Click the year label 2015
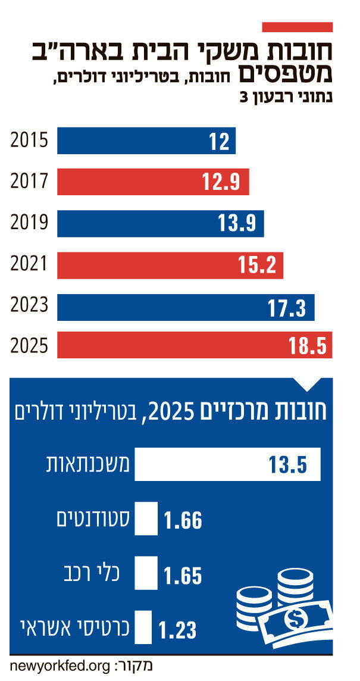tap(29, 142)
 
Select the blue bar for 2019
tap(160, 224)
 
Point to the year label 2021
tap(29, 265)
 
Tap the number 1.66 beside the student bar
tap(183, 521)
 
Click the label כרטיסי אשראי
tap(71, 628)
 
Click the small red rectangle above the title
tap(297, 27)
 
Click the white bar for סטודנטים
tap(146, 520)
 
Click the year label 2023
tap(29, 306)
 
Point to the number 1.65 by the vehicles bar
tap(183, 576)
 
